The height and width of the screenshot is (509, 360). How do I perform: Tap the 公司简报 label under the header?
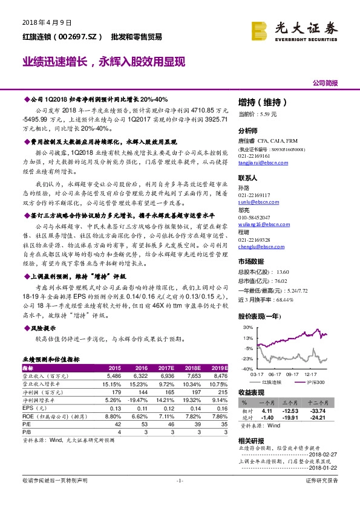point(325,83)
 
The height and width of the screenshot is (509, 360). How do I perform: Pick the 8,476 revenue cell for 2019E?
point(219,375)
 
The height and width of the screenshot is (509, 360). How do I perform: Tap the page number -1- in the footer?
point(179,480)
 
